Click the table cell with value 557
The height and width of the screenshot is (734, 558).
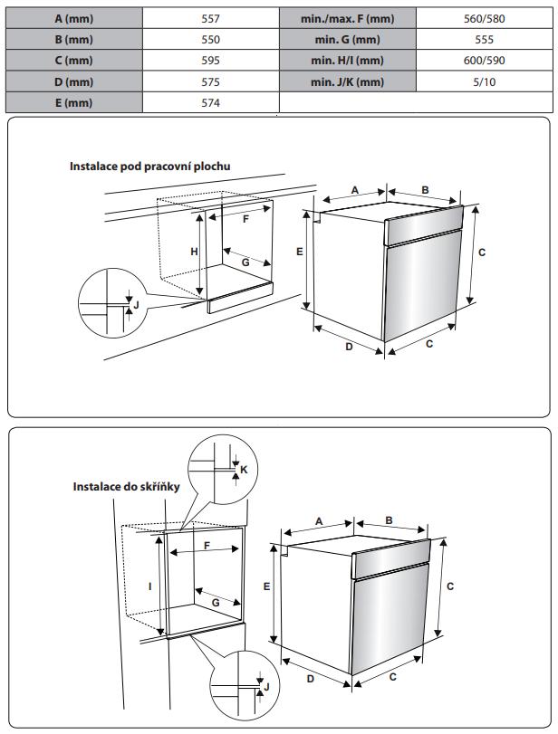click(210, 19)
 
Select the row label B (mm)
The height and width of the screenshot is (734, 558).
click(73, 40)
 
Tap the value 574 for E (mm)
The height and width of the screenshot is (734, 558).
click(210, 102)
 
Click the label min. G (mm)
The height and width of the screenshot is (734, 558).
click(346, 40)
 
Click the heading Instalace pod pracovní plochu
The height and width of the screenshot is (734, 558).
click(150, 167)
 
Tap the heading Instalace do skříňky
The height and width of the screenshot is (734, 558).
click(126, 487)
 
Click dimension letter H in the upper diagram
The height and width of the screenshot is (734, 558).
click(194, 252)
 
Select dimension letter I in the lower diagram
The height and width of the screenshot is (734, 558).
click(150, 586)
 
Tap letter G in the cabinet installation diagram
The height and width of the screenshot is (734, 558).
click(216, 602)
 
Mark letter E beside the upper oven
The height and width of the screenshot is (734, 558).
click(298, 252)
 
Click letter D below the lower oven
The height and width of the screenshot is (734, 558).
click(310, 678)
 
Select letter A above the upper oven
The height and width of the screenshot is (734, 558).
click(355, 189)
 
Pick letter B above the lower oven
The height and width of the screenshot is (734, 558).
click(389, 520)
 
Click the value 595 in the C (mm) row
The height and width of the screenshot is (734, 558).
click(210, 61)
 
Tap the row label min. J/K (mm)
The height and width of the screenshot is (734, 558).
click(346, 81)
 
